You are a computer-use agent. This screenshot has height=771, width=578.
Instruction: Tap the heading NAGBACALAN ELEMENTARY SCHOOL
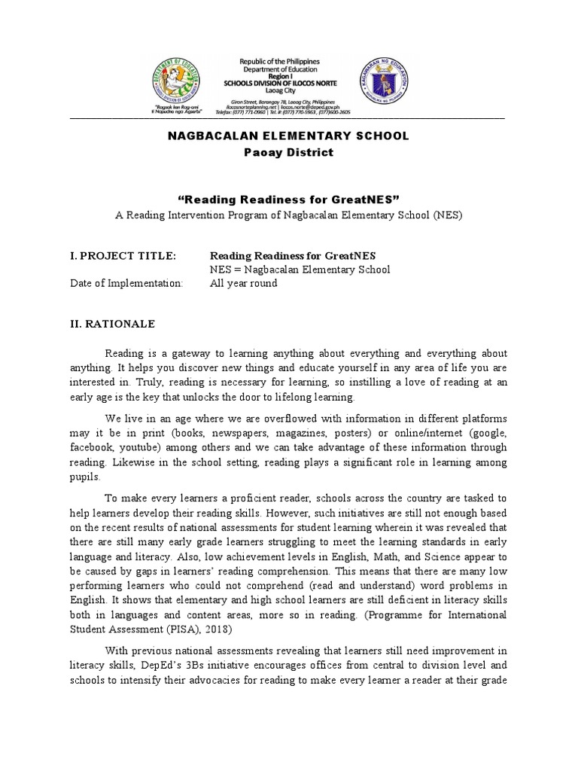click(289, 136)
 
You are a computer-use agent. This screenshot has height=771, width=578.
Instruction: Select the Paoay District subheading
click(289, 152)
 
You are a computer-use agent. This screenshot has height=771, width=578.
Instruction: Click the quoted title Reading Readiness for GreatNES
click(288, 198)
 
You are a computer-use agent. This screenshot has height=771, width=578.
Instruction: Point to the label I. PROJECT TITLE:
click(123, 257)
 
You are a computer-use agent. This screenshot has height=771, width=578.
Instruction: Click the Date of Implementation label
click(126, 284)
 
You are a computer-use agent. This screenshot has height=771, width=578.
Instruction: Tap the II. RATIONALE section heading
click(113, 324)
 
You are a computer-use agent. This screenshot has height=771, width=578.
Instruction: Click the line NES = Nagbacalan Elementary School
click(300, 270)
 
